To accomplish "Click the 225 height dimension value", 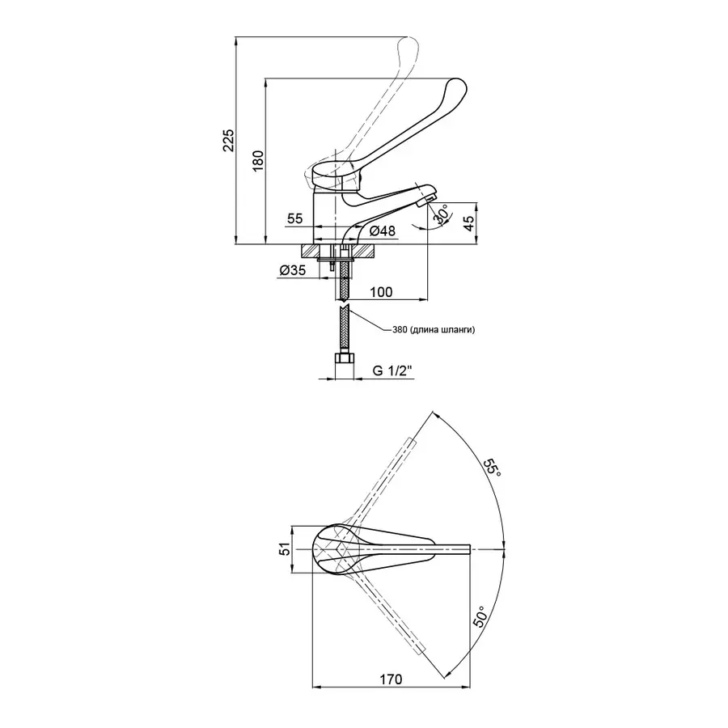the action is pyautogui.click(x=229, y=141).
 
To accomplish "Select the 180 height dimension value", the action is pyautogui.click(x=258, y=160).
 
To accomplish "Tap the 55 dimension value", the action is pyautogui.click(x=294, y=218).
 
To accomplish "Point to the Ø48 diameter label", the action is pyautogui.click(x=383, y=231).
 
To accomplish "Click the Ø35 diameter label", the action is pyautogui.click(x=293, y=270).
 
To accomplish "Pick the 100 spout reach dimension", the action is pyautogui.click(x=381, y=292).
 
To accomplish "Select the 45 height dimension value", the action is pyautogui.click(x=470, y=223).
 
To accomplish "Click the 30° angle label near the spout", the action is pyautogui.click(x=442, y=214).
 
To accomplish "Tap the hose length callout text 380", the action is pyautogui.click(x=400, y=330).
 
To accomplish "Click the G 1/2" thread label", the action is pyautogui.click(x=392, y=371).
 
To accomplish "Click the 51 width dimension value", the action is pyautogui.click(x=286, y=548).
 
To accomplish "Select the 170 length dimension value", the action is pyautogui.click(x=391, y=679).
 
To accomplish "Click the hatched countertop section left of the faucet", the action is pyautogui.click(x=310, y=251).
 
